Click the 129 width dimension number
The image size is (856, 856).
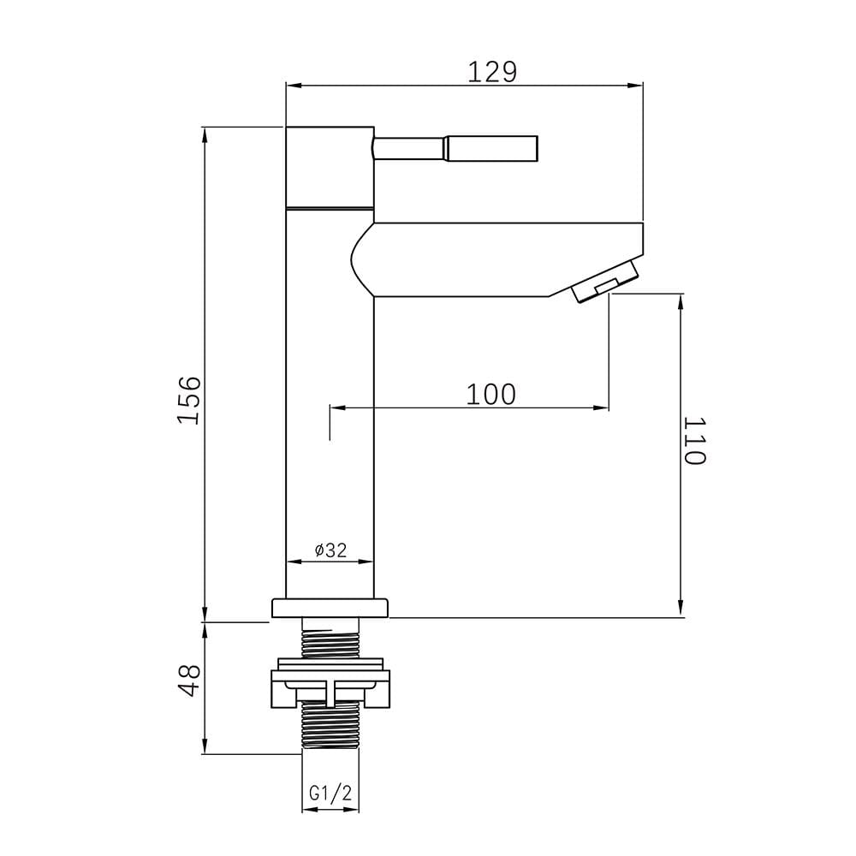pyautogui.click(x=492, y=72)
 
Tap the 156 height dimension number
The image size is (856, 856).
pyautogui.click(x=190, y=400)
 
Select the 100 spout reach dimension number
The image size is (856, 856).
pyautogui.click(x=490, y=394)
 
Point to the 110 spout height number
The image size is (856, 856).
pyautogui.click(x=695, y=441)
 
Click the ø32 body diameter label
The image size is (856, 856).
pyautogui.click(x=330, y=550)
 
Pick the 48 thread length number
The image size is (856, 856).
pyautogui.click(x=190, y=681)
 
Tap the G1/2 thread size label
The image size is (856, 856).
pyautogui.click(x=330, y=794)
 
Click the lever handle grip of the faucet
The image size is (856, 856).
pyautogui.click(x=492, y=148)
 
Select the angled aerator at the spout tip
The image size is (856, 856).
pyautogui.click(x=605, y=281)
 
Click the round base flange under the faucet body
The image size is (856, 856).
pyautogui.click(x=330, y=608)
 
